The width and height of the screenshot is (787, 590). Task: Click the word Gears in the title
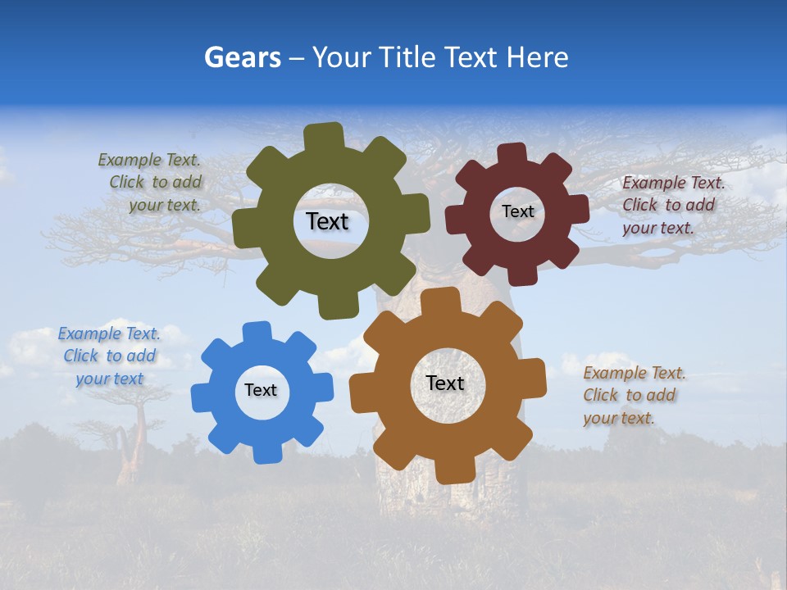click(242, 57)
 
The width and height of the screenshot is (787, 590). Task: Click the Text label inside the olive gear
click(327, 221)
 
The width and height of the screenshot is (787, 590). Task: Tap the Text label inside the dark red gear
click(517, 211)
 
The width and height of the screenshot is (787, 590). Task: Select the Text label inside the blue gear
click(261, 391)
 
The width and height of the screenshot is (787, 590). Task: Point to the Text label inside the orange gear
click(444, 383)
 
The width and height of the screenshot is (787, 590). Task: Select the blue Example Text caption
click(109, 356)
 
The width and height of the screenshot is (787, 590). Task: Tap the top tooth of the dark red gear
click(512, 153)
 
